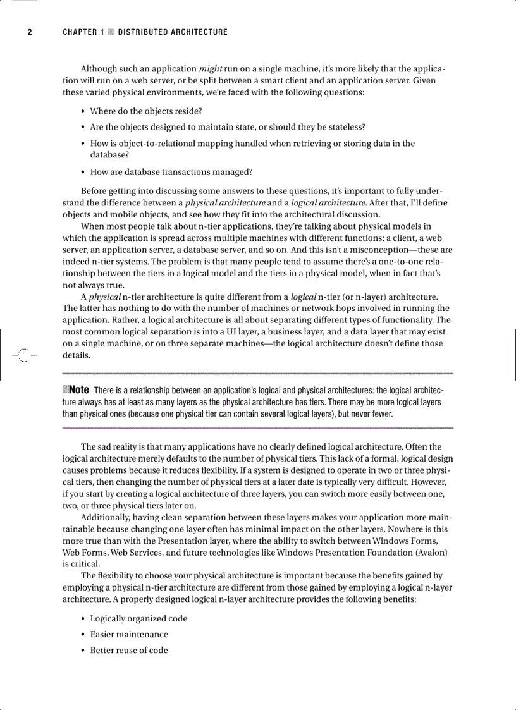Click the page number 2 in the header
tap(29, 32)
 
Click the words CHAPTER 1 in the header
tap(83, 32)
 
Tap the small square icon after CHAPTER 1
tap(111, 32)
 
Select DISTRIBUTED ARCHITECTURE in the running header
tap(173, 32)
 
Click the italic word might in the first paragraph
tap(210, 68)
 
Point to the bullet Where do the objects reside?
tap(145, 111)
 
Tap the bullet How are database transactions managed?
tap(171, 171)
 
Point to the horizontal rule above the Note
tap(258, 373)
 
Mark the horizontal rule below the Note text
tap(258, 429)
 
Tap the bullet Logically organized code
tap(138, 618)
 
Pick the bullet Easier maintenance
tap(129, 634)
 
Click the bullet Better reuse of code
tap(129, 650)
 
